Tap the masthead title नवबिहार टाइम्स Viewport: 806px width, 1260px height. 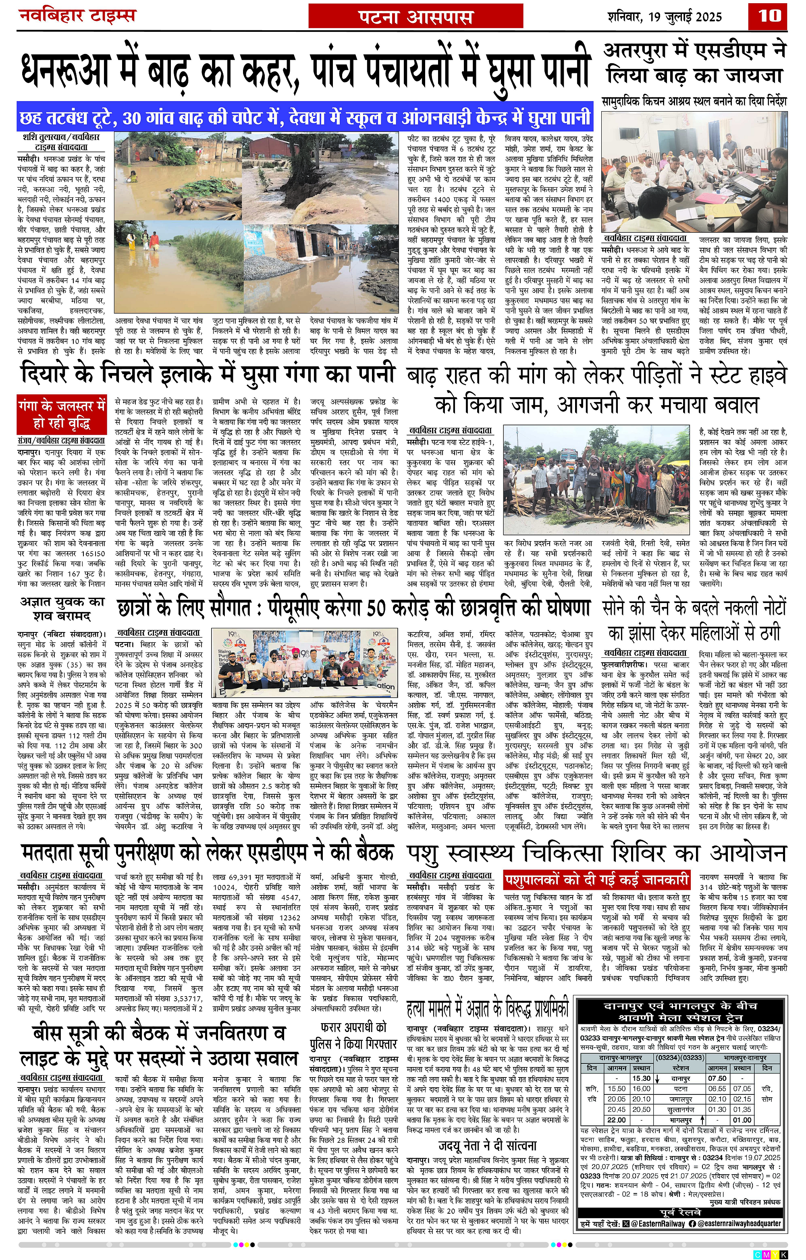click(x=77, y=16)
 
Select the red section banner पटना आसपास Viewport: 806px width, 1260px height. click(x=415, y=17)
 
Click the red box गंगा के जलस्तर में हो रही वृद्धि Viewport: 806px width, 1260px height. click(x=61, y=414)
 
